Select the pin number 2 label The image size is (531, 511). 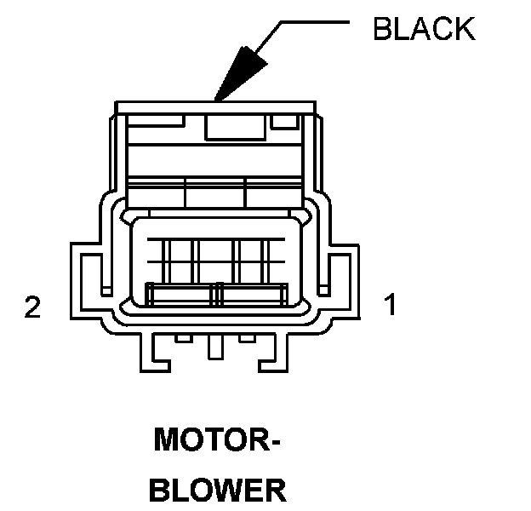click(32, 307)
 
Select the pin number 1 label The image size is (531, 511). click(391, 304)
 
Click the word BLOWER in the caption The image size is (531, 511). click(218, 491)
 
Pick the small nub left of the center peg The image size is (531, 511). click(182, 339)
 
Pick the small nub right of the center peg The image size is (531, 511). click(248, 339)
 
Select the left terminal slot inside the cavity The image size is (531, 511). click(181, 296)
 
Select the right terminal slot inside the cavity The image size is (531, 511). click(253, 296)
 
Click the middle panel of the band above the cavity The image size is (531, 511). click(215, 193)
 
